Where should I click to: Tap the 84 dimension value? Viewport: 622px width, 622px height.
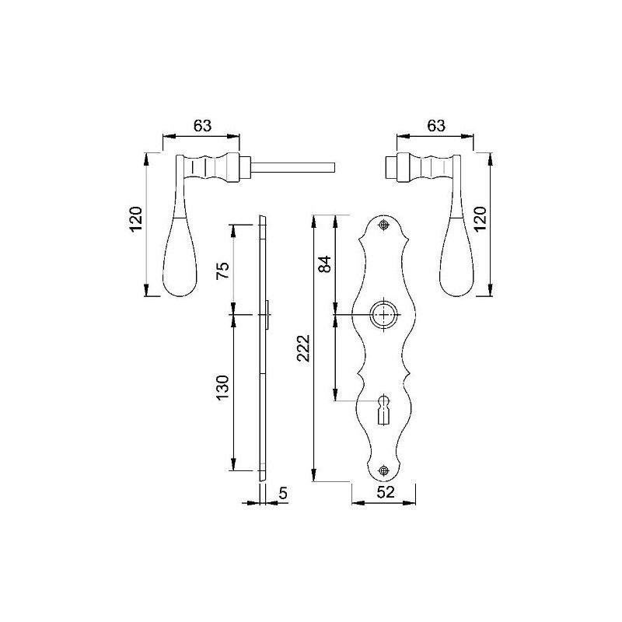[326, 264]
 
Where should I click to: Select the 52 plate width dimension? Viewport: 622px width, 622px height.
[386, 492]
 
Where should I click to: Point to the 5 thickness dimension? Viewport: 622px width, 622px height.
[282, 492]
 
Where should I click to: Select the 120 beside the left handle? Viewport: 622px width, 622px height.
[136, 220]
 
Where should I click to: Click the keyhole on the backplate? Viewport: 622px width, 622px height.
[383, 409]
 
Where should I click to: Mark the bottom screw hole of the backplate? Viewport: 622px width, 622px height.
[383, 470]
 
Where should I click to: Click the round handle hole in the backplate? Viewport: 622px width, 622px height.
[383, 314]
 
